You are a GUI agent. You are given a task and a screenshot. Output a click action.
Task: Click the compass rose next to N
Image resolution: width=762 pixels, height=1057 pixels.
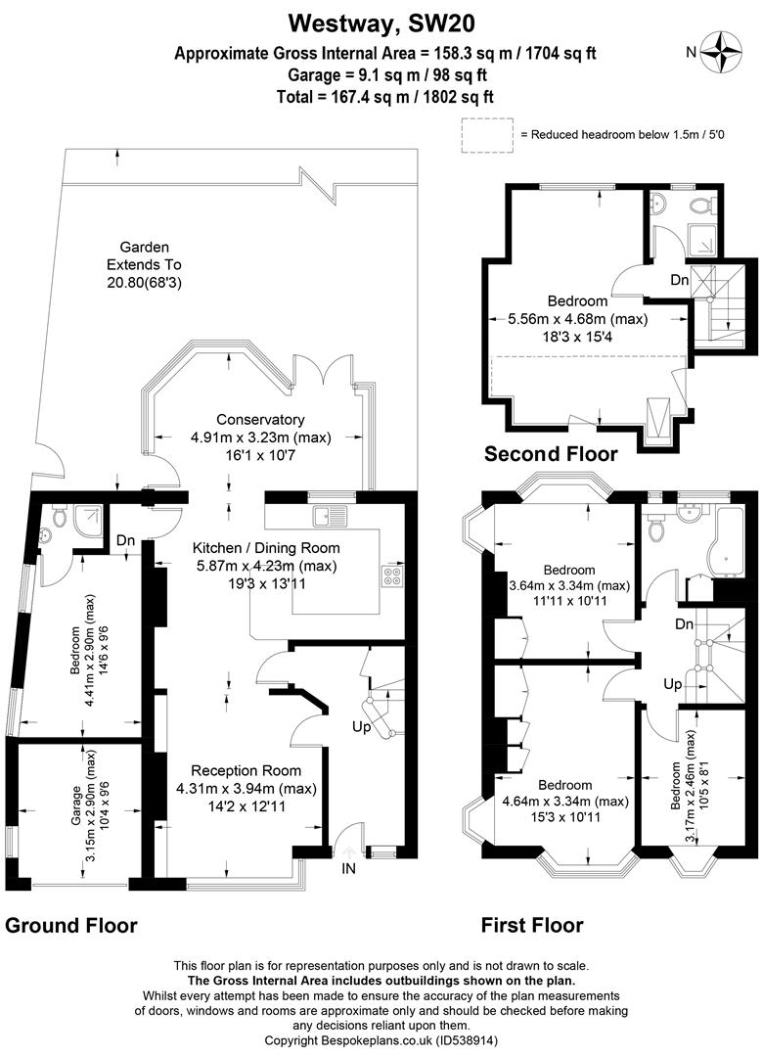[x=722, y=52]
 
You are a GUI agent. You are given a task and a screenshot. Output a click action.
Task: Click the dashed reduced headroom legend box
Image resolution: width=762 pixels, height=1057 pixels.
[x=487, y=135]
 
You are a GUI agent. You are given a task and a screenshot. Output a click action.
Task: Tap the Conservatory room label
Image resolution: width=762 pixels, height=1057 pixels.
[x=260, y=419]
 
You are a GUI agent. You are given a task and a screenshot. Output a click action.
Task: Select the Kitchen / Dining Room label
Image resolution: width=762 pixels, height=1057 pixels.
[x=266, y=548]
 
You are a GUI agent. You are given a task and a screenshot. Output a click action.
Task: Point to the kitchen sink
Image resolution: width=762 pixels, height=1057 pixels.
[x=330, y=516]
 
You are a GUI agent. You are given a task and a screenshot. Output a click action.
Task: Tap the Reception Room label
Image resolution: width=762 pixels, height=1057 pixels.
[x=246, y=770]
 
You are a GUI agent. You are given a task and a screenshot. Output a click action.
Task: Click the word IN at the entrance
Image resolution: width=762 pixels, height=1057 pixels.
[x=348, y=869]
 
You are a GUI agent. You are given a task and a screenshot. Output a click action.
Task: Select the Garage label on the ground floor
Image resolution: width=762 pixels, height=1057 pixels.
[x=76, y=805]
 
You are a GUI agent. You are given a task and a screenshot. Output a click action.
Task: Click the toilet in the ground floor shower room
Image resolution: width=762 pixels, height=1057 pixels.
[x=60, y=519]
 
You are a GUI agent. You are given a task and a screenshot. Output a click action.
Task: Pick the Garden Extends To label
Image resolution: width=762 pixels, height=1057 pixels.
[x=144, y=256]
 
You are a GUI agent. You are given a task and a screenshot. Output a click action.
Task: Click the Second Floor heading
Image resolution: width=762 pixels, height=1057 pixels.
[x=551, y=454]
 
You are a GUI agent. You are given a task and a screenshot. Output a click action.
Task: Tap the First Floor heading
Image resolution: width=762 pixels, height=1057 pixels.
[x=532, y=925]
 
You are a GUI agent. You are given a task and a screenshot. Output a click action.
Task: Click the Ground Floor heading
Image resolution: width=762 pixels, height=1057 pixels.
[x=70, y=926]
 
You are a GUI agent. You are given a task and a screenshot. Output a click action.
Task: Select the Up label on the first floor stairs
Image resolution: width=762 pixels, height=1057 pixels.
[x=672, y=684]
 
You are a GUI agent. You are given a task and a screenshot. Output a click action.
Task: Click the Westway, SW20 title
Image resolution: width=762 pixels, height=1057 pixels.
[x=381, y=23]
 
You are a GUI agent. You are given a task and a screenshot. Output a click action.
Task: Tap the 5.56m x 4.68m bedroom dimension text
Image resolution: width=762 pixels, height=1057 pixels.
[x=577, y=319]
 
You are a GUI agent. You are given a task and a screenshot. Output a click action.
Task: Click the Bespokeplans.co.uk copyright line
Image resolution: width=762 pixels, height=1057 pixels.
[x=381, y=1040]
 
